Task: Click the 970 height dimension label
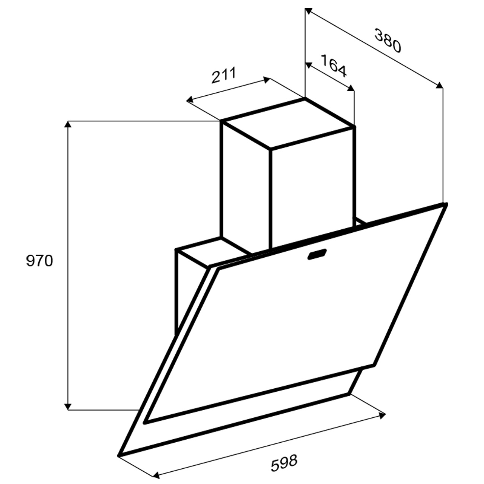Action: [x=39, y=261]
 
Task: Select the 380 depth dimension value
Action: [x=388, y=41]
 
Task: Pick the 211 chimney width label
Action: [x=224, y=75]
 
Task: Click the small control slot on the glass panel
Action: [x=317, y=254]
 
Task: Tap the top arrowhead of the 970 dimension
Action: [x=67, y=124]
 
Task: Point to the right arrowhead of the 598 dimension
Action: [x=382, y=416]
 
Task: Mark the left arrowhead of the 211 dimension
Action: [x=190, y=100]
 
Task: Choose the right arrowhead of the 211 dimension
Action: [x=267, y=80]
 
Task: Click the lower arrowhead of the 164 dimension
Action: [x=351, y=88]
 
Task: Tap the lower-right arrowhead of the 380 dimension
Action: [x=440, y=85]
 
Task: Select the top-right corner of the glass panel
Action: [x=446, y=204]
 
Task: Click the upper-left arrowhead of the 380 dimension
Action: [x=308, y=11]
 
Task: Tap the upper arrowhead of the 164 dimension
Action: [x=309, y=64]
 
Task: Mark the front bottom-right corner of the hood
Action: [x=349, y=394]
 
